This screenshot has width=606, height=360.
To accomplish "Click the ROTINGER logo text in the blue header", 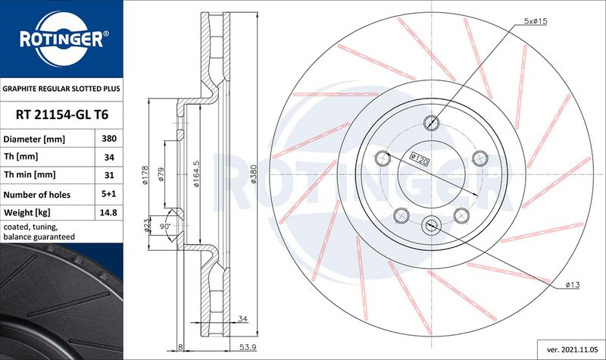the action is coord(62,39).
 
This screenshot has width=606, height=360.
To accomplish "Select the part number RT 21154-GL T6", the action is coord(62,115).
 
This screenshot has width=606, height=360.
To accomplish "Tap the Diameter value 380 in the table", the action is coord(109,139).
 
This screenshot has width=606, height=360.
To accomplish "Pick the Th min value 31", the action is coord(109,175).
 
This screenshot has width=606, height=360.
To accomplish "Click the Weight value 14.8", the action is coord(108,212).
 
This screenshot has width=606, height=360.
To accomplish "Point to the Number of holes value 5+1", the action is coord(109,194).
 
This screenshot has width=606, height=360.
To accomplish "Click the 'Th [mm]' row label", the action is coord(21,157).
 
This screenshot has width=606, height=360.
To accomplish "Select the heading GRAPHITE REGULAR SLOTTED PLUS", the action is coord(61,89).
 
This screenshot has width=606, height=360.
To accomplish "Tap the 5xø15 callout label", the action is coord(536,21).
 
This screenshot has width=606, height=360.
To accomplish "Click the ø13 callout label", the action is coord(573,285).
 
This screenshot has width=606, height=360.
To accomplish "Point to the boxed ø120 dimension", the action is coord(420,159).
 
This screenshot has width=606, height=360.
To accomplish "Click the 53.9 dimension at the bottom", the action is coord(248,347).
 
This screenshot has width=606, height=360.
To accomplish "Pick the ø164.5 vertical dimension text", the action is coord(196,174).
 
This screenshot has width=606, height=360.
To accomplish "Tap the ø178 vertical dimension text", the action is coord(145,175).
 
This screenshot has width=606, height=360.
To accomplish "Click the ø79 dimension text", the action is coord(161,175).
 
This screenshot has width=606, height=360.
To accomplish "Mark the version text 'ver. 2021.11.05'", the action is coord(570,349).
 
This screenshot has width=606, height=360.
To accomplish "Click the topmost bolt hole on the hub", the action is coord(431,123).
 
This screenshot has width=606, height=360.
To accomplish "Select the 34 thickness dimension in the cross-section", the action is coord(242,318).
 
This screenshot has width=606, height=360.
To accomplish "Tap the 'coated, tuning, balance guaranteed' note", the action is coord(39,232).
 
